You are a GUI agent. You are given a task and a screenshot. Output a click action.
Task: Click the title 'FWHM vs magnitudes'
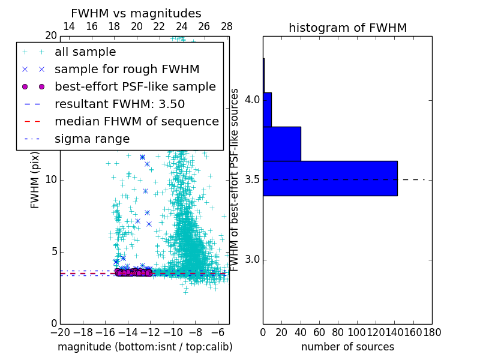pos(136,14)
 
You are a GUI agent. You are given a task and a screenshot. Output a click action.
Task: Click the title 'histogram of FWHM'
pos(347,28)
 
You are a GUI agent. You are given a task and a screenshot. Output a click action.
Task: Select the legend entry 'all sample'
pos(85,52)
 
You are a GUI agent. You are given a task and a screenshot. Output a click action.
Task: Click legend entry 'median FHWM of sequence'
pos(136,121)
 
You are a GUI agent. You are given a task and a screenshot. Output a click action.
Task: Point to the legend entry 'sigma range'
pos(92,139)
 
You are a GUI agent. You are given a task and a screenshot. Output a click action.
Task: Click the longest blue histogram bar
pos(330,178)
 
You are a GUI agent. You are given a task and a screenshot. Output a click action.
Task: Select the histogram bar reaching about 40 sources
pos(282,144)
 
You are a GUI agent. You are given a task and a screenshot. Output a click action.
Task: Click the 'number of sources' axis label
pos(347,347)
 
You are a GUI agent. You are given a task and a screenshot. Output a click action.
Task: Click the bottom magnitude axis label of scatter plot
pos(145,347)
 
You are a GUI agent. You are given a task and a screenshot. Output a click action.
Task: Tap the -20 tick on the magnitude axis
pos(59,333)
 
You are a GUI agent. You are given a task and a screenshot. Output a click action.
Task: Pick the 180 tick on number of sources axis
pos(432,333)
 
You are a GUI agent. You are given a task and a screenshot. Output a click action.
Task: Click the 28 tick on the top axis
pos(227,26)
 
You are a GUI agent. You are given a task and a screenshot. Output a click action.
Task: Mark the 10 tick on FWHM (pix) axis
pos(51,179)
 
